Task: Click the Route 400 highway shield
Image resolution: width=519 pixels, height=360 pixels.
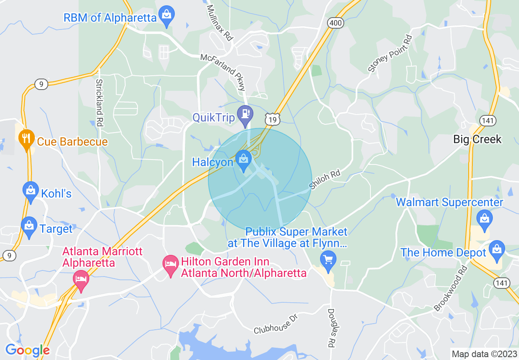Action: point(335,23)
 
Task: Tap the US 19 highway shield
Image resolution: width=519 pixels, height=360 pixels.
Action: point(272,119)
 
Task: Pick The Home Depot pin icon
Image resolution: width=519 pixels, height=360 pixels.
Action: point(497,250)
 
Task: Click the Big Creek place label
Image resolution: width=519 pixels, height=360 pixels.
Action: point(477,139)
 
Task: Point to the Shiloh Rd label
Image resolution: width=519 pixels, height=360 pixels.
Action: point(325,180)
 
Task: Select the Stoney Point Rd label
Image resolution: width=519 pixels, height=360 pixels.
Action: point(390,54)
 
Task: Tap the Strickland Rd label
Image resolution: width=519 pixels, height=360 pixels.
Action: point(99,102)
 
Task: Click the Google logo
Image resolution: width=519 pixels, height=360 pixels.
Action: point(27,351)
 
